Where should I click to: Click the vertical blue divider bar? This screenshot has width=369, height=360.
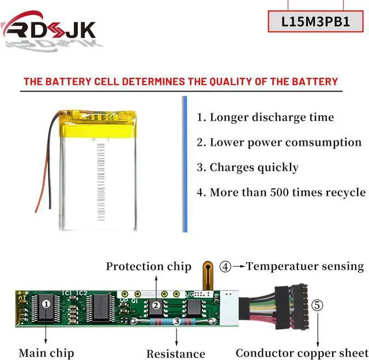(x=185, y=164)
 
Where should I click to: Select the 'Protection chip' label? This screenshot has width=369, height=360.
(x=148, y=266)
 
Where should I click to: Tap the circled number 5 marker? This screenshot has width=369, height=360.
(x=318, y=305)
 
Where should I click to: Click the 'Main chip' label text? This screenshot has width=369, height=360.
(x=46, y=353)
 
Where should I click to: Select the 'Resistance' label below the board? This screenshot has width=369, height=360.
(x=175, y=354)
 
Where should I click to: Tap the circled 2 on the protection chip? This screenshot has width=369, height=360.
(x=155, y=305)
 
